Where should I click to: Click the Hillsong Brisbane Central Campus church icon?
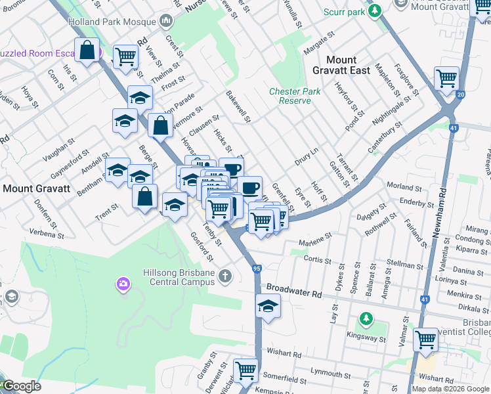pos(226,275)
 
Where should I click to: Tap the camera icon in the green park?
pos(123,284)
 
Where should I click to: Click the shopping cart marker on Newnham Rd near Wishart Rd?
pos(426,340)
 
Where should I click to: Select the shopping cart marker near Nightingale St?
pos(446,78)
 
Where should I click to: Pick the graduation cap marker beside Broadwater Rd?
pos(268,307)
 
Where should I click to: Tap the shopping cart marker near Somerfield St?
pos(245,370)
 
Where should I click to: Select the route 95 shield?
pos(257,269)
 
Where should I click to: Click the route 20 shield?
pos(460,95)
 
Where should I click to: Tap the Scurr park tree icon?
pos(375,11)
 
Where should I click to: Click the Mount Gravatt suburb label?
pos(37,188)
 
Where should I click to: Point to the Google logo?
pos(21,386)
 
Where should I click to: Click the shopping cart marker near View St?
pos(125,56)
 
